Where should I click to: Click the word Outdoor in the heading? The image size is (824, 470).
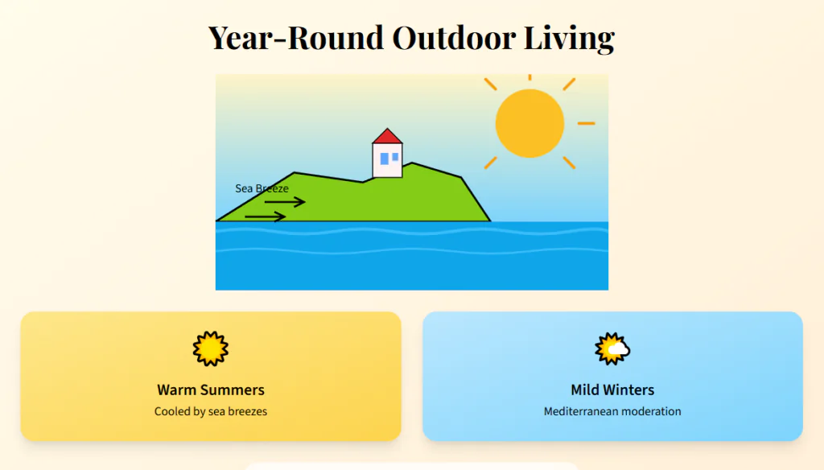tap(454, 38)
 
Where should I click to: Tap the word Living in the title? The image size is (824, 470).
tap(569, 39)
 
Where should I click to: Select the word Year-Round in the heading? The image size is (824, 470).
tap(296, 38)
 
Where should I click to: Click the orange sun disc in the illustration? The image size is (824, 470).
tap(529, 124)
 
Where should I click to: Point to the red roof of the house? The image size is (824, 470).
tap(387, 136)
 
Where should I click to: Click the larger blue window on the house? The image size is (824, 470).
tap(384, 159)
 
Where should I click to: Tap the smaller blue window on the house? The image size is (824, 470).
tap(395, 157)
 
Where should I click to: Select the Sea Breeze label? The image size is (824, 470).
tap(262, 188)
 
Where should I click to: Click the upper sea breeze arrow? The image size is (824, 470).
tap(285, 202)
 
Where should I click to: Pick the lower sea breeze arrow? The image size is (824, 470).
tap(266, 216)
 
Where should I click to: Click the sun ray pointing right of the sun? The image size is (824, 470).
tap(587, 124)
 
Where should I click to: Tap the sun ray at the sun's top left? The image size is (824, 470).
tap(490, 85)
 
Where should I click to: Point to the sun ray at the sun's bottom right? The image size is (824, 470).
tap(569, 163)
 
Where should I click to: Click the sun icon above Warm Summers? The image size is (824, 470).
tap(211, 348)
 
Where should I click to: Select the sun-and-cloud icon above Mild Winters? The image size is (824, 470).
tap(612, 348)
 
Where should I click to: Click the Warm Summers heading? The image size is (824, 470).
tap(211, 390)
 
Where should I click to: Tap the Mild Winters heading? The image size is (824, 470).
tap(612, 390)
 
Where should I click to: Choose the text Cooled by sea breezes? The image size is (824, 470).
tap(211, 411)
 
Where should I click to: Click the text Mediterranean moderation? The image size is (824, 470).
tap(612, 411)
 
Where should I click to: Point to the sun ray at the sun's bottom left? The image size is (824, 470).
tap(490, 163)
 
